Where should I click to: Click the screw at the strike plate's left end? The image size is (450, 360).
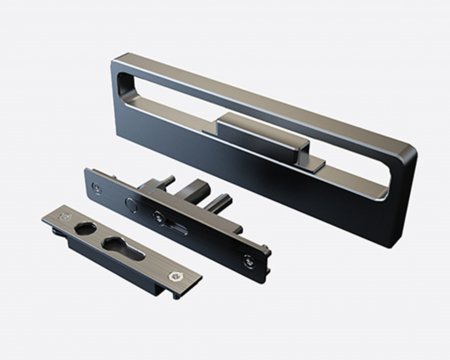[63, 216]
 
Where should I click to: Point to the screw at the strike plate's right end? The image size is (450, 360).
[175, 275]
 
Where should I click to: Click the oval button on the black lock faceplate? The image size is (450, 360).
[131, 204]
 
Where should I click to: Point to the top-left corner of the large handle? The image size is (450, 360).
[116, 62]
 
